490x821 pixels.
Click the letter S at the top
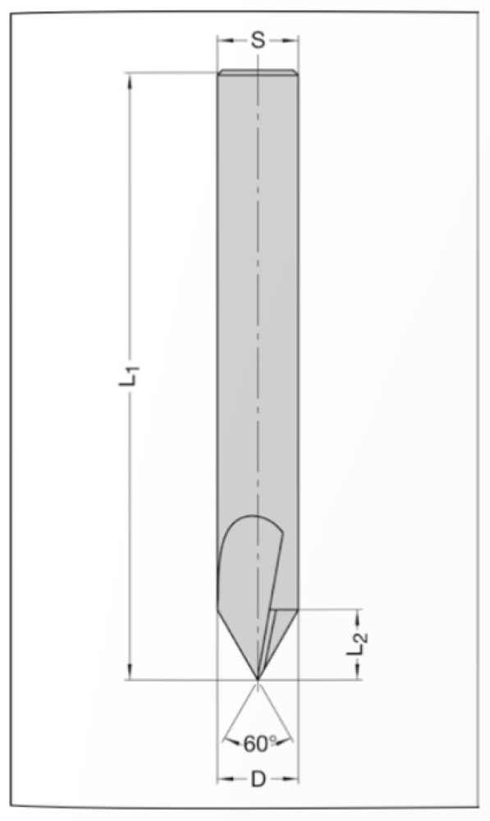[x=258, y=40]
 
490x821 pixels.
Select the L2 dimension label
[x=355, y=645]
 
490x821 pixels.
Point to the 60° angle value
[x=259, y=745]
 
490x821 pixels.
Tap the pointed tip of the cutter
[x=258, y=678]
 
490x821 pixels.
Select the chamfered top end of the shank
[x=258, y=73]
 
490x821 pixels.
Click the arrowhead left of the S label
[x=223, y=40]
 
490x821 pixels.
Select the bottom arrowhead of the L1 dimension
[x=130, y=672]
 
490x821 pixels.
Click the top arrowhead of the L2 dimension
[x=359, y=617]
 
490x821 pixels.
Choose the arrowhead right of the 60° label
[x=288, y=742]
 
